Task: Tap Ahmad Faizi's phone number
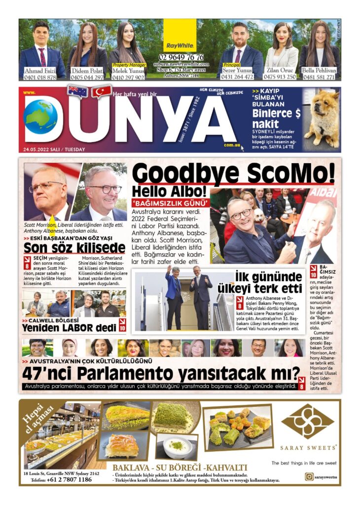(40, 77)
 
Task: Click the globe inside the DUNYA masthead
(40, 117)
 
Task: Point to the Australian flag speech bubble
(77, 91)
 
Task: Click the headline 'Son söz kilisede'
(74, 247)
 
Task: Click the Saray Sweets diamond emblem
(308, 422)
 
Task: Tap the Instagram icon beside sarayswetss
(309, 476)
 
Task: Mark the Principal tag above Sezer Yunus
(232, 65)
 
